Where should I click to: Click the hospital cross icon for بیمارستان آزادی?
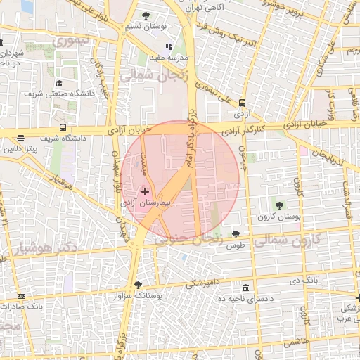(146, 191)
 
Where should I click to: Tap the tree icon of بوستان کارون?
(280, 205)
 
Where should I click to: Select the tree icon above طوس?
(235, 235)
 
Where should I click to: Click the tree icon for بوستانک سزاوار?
(138, 285)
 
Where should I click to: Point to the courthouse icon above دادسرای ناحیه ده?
(245, 288)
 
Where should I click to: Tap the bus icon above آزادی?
(242, 102)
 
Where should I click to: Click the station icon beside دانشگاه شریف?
(64, 128)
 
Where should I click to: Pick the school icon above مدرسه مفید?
(168, 46)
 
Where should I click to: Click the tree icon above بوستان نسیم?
(146, 15)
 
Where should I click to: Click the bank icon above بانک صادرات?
(21, 296)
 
